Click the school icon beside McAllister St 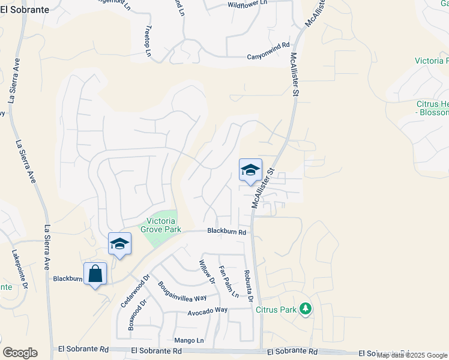250,170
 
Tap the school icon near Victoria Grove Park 119,244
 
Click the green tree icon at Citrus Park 306,309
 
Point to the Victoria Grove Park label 158,224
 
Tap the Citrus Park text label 276,310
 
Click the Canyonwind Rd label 268,58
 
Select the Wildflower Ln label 247,4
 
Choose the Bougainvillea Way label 182,291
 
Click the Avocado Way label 207,310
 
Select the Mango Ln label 189,340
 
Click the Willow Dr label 207,271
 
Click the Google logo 20,353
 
